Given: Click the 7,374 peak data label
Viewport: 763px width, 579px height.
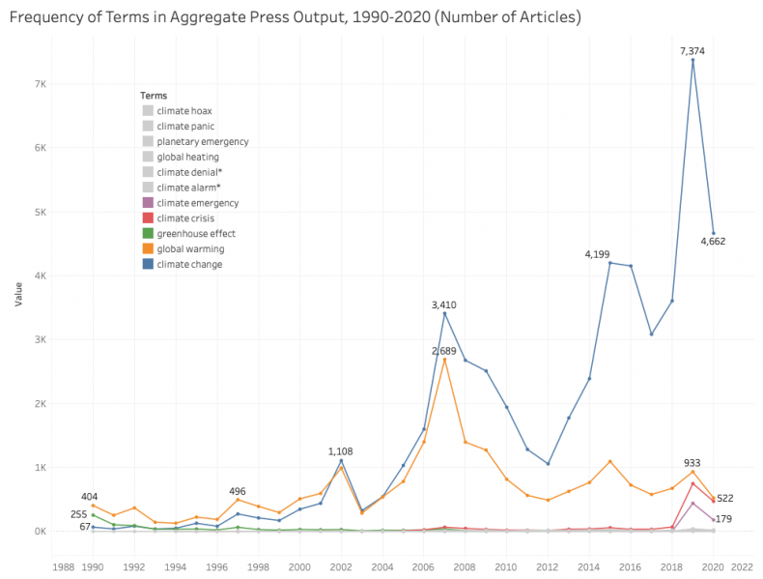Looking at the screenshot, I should (x=692, y=48).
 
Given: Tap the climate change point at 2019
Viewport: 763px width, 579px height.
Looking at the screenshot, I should (x=692, y=60).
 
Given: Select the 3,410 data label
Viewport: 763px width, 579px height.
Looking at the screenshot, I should (x=443, y=304).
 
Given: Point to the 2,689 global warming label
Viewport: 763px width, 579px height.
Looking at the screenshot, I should (x=443, y=350).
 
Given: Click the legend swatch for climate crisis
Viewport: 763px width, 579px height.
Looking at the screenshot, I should (x=147, y=218).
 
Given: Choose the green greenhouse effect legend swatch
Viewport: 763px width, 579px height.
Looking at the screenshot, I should (x=147, y=233).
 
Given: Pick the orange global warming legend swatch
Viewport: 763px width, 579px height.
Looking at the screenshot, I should (x=147, y=248).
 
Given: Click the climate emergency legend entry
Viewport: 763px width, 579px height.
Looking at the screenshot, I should (x=197, y=203).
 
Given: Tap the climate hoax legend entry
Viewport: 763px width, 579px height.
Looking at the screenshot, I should (x=184, y=111).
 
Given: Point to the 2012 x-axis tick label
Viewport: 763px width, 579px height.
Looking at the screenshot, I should (x=548, y=567).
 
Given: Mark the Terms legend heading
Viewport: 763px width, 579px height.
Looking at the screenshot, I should (x=153, y=96).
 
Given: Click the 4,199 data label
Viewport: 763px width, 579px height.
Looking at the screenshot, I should (x=598, y=254).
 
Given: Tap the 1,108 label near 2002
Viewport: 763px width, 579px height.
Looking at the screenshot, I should (x=341, y=451).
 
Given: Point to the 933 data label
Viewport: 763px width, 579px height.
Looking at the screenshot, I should (x=692, y=463).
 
